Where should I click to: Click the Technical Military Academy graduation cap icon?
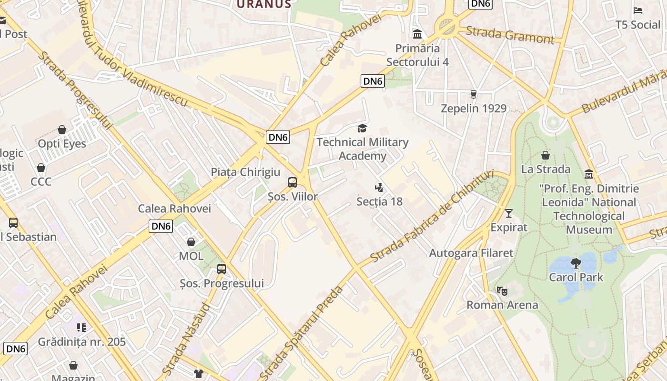(x=363, y=128)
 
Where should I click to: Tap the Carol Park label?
(x=576, y=277)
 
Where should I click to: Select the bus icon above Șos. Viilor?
(x=293, y=182)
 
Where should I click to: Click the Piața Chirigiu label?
(x=245, y=172)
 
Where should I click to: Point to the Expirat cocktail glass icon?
(x=509, y=213)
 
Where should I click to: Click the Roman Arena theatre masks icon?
(x=502, y=291)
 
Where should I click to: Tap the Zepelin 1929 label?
(x=474, y=108)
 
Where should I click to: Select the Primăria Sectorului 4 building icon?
(x=418, y=34)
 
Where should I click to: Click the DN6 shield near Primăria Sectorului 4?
(x=373, y=81)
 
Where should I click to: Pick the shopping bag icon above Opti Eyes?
(x=62, y=130)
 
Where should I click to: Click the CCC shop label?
(x=41, y=181)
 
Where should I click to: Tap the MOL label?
(x=191, y=256)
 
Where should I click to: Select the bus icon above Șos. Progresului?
(x=222, y=269)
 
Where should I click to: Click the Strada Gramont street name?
(x=510, y=35)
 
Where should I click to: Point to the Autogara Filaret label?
(x=471, y=253)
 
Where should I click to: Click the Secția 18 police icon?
(x=379, y=187)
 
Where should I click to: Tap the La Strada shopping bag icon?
(x=546, y=155)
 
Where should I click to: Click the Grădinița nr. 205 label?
(x=82, y=341)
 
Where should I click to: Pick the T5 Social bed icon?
(x=638, y=10)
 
